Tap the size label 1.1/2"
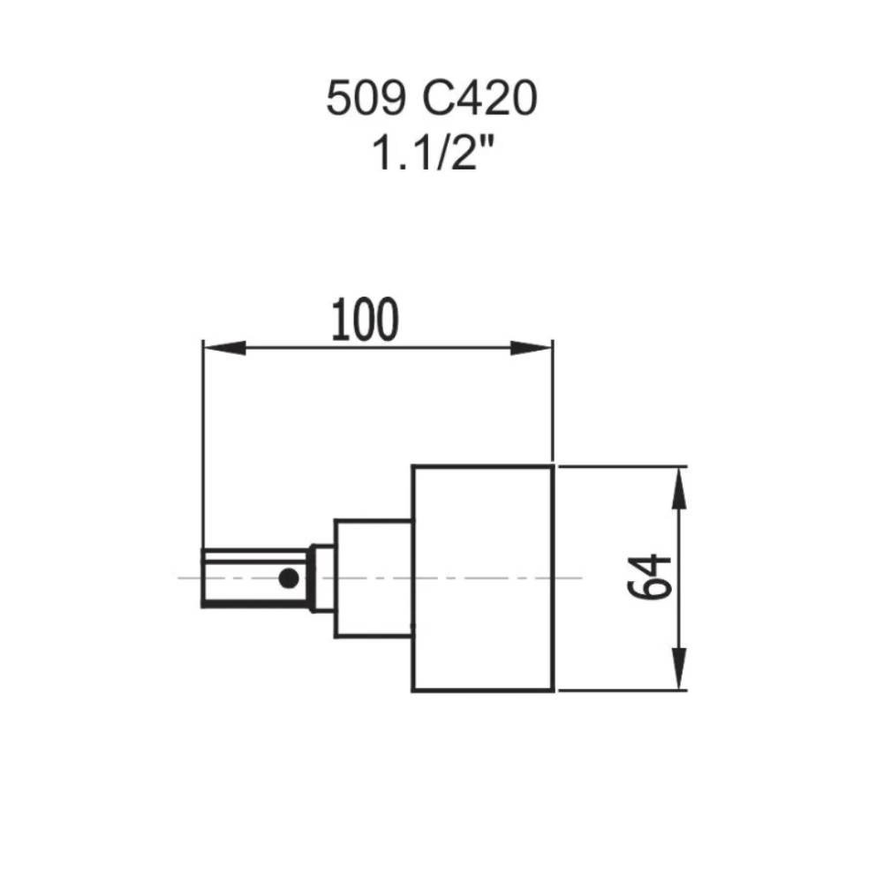(431, 155)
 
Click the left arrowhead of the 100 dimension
(222, 348)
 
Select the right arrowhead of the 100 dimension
(532, 348)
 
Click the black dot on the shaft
(288, 578)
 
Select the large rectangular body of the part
(483, 577)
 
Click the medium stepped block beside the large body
(373, 577)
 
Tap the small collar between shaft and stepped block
(324, 577)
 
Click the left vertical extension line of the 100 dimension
(203, 441)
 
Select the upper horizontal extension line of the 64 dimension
(618, 464)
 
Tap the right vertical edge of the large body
(553, 577)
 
